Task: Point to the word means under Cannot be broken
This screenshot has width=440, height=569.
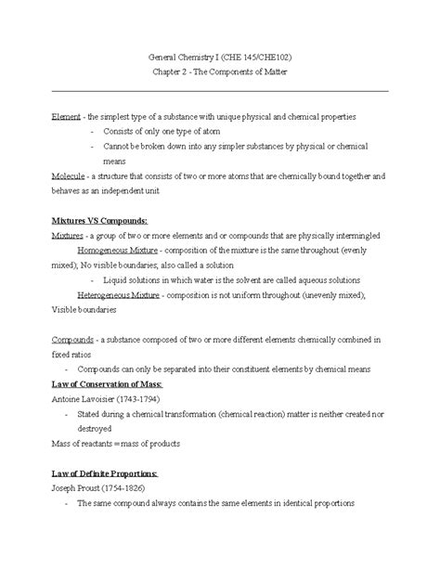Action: pos(115,162)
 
